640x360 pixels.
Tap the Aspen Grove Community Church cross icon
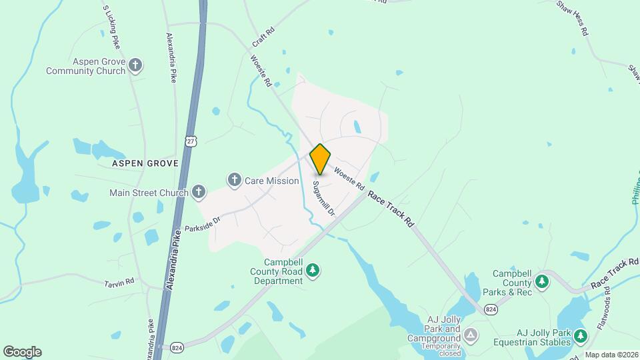click(136, 65)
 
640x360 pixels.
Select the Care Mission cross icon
click(234, 180)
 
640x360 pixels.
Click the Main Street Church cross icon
click(198, 193)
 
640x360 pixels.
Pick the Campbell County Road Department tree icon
click(313, 271)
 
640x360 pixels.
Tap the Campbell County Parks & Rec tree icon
click(543, 282)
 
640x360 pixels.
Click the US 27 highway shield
click(191, 140)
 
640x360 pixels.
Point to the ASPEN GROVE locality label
click(145, 163)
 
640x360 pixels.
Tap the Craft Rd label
click(264, 37)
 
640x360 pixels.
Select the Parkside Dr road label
click(203, 222)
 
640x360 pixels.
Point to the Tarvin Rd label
click(119, 282)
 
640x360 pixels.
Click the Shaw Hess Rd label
click(573, 17)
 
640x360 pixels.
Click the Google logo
click(22, 352)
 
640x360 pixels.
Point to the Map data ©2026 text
click(611, 355)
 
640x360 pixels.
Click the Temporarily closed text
click(441, 349)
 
